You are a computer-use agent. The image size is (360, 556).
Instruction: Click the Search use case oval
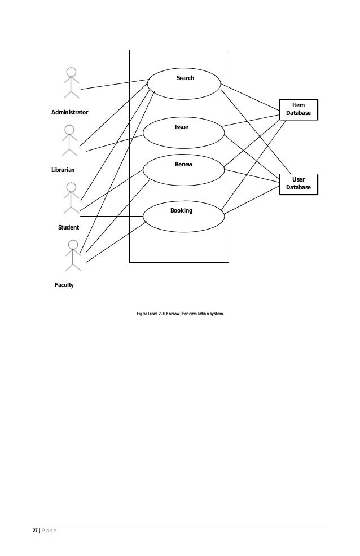[184, 83]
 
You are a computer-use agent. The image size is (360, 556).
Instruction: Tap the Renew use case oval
[184, 169]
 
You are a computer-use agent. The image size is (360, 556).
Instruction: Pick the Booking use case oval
[183, 216]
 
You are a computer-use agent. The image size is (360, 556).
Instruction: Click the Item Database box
[298, 109]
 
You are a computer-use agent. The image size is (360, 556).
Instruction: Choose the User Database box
[298, 183]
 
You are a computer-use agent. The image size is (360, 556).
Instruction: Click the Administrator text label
[69, 113]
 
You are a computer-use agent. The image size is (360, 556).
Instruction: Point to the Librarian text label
[64, 169]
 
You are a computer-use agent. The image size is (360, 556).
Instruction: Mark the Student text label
[68, 227]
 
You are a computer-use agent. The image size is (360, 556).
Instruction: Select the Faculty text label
[64, 285]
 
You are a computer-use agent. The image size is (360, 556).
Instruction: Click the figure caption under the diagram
[180, 313]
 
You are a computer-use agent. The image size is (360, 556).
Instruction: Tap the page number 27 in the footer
[34, 531]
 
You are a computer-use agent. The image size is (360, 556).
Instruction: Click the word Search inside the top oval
[185, 78]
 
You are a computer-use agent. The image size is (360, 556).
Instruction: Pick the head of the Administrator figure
[71, 72]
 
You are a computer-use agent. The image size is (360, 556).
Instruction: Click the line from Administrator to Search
[113, 84]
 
